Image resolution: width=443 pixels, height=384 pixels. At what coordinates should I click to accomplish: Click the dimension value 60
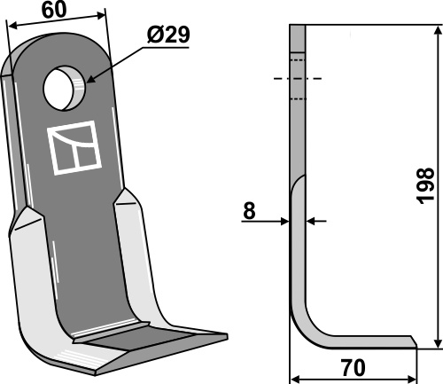pos(54,10)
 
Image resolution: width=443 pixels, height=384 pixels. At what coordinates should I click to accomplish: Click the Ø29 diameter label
pos(168,35)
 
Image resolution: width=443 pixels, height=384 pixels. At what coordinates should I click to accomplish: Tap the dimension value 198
pos(425,185)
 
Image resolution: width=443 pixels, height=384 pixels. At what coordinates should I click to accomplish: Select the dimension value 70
pos(353,368)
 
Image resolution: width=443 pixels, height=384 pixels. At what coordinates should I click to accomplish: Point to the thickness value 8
pos(249,211)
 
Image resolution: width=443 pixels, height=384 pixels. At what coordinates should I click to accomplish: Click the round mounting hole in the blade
pos(65,88)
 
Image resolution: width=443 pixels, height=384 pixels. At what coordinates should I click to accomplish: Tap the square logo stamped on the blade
pos(74,147)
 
